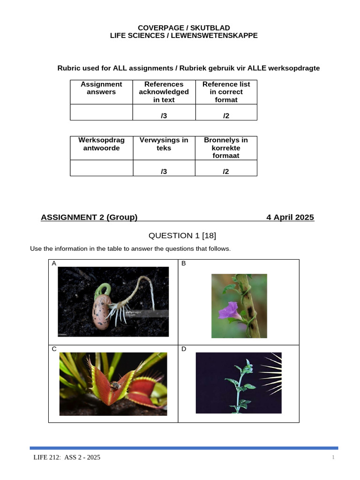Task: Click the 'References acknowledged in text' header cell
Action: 164,92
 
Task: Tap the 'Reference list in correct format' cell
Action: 226,92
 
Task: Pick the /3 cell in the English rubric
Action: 164,116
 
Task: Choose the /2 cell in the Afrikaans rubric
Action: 226,172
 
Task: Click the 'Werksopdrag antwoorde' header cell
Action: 101,144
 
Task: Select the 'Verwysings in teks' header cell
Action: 164,144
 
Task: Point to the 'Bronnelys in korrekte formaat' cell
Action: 226,148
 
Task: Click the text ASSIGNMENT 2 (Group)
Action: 89,217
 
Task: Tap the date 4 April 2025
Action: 290,217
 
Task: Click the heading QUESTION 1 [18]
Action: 182,235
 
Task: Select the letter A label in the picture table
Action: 54,263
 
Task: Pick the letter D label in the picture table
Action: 184,349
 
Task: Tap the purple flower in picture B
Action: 229,311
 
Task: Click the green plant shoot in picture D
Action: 240,384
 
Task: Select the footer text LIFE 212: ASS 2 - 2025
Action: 66,457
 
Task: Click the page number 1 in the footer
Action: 333,457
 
